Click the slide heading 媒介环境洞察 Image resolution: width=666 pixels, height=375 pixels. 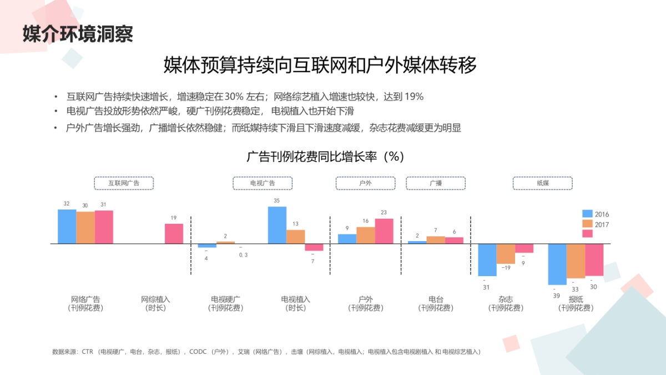[78, 34]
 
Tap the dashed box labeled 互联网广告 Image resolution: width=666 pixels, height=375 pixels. [123, 183]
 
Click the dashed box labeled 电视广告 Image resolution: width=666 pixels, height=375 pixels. [263, 183]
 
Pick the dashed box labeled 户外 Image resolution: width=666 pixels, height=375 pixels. [365, 183]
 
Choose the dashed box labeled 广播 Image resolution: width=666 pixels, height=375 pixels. [436, 183]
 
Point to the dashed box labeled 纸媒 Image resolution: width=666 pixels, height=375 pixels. [542, 183]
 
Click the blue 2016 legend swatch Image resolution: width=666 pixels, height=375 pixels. [587, 214]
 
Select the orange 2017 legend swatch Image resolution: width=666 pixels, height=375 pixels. [587, 224]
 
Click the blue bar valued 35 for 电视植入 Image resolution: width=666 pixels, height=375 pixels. [277, 225]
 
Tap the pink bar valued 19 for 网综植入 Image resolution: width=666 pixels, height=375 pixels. [174, 233]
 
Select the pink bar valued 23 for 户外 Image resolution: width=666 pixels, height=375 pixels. [384, 231]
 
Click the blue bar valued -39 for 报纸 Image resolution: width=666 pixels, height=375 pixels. [557, 264]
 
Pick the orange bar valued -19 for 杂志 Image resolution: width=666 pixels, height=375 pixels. [506, 254]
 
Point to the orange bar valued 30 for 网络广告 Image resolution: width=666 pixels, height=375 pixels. [85, 227]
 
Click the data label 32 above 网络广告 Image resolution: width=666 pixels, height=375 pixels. [67, 204]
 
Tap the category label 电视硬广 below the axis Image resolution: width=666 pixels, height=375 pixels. [226, 299]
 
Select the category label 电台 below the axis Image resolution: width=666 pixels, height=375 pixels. [436, 299]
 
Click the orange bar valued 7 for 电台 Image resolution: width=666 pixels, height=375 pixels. [436, 240]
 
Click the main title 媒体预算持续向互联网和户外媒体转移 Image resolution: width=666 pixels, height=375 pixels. [320, 66]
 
